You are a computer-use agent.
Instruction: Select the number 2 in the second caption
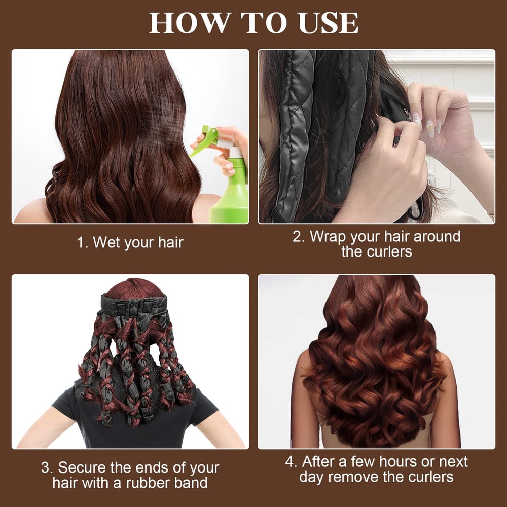click(x=298, y=237)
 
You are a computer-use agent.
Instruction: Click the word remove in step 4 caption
click(x=361, y=477)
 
